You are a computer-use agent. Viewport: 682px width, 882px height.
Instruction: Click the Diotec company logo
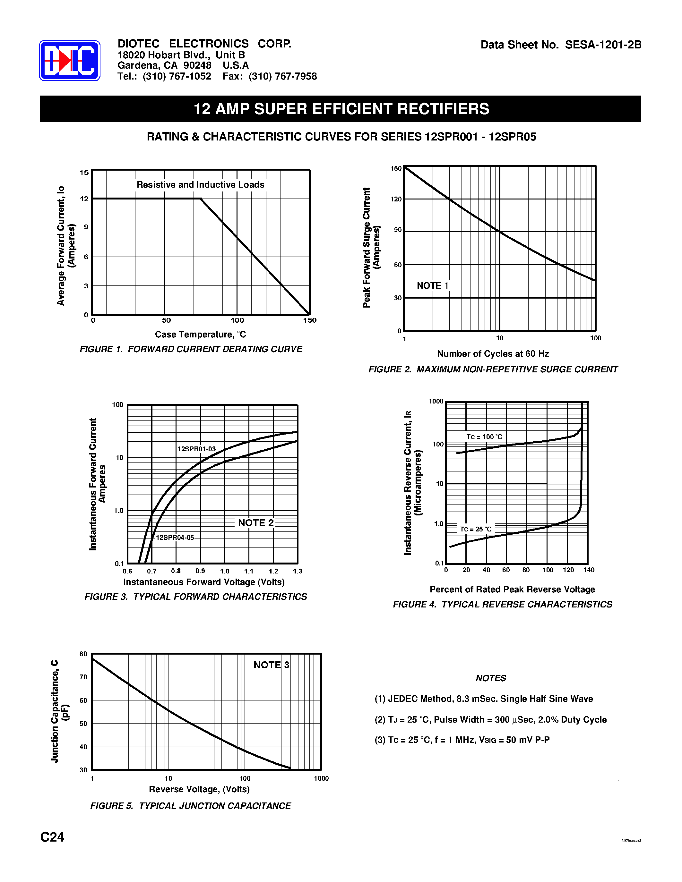70,61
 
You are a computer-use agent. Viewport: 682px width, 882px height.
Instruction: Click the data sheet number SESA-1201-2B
603,45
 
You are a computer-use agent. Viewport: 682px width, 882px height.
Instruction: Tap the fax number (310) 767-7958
282,76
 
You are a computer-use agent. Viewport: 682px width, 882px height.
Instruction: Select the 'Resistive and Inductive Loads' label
200,184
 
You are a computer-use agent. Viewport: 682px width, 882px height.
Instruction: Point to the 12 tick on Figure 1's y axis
84,199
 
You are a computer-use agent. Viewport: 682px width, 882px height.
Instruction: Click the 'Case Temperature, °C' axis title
200,335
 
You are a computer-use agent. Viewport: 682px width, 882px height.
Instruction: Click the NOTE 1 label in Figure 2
432,285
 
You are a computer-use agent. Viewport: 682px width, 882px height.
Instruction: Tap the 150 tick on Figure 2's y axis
396,168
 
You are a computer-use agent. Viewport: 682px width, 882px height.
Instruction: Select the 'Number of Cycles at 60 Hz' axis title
493,354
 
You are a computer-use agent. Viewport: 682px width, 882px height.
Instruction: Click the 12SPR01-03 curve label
196,449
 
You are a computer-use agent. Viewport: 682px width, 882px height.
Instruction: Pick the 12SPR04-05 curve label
175,538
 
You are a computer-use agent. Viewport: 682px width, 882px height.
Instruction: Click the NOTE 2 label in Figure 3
256,522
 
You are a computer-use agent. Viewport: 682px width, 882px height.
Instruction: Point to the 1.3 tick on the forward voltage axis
298,571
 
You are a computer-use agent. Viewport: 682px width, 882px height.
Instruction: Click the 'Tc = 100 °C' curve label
484,437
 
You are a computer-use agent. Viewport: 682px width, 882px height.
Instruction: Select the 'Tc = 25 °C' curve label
476,529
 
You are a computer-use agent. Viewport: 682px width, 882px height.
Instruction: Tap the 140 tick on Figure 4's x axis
589,570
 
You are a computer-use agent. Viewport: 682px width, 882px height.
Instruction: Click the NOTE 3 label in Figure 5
271,665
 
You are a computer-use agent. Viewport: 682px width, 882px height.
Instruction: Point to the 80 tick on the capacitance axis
83,654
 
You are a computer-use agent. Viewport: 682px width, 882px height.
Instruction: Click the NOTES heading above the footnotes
490,678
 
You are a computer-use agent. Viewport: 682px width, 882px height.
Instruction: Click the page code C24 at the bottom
52,837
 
